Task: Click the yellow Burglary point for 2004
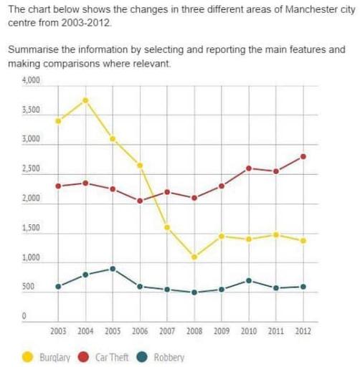point(85,100)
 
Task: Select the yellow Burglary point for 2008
point(194,257)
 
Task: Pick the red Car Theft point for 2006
point(140,201)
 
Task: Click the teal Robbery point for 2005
point(113,269)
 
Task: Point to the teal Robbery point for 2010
point(248,280)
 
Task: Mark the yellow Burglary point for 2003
point(58,120)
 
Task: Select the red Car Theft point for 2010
point(248,168)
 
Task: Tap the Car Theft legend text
point(111,357)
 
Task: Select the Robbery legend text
point(169,357)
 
